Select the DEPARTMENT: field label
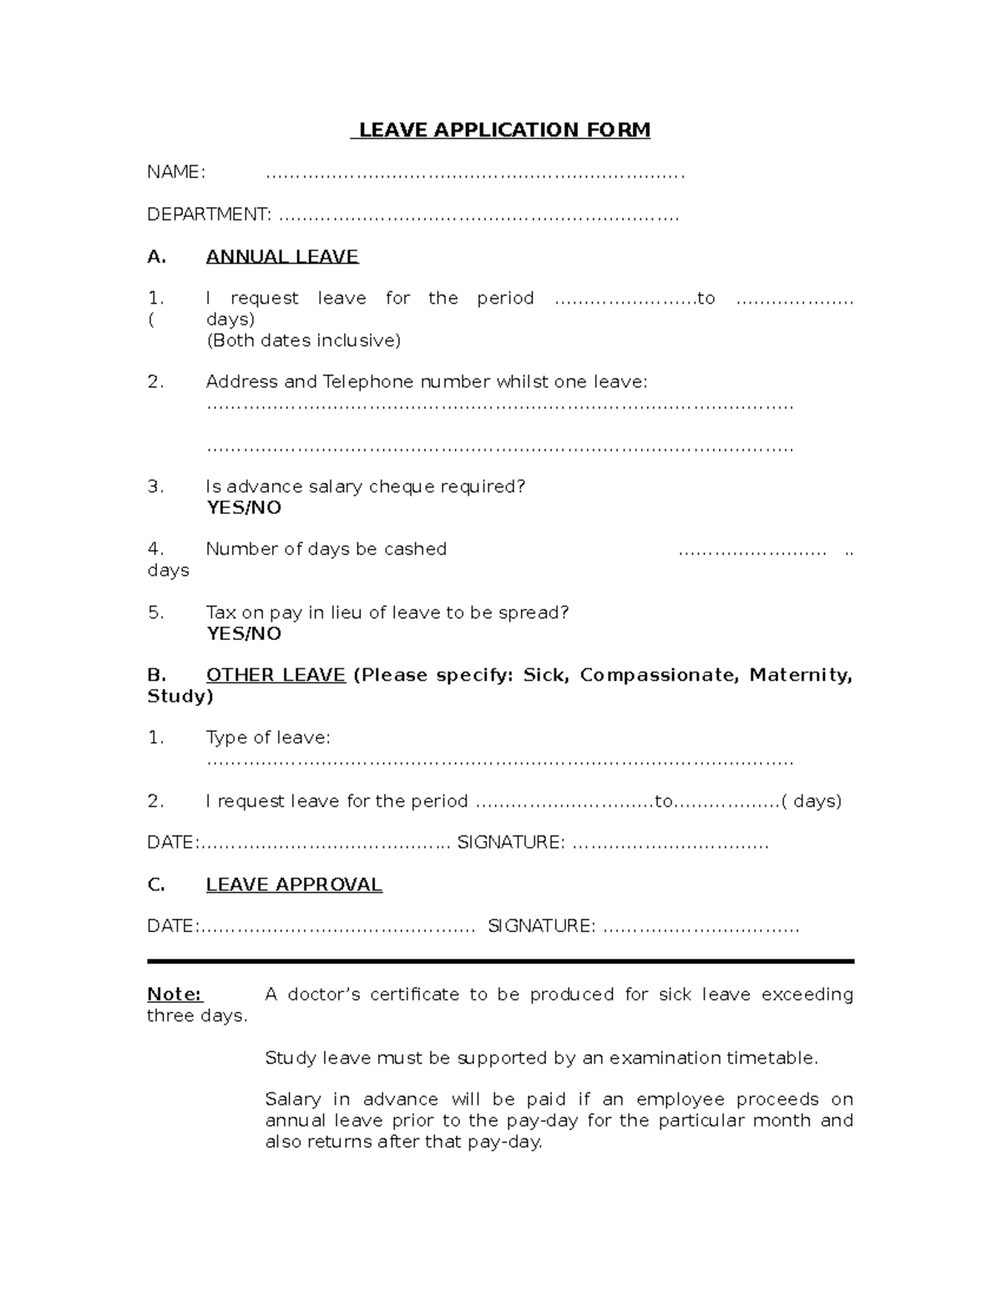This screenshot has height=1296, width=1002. (209, 214)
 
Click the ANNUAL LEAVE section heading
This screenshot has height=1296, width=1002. (282, 257)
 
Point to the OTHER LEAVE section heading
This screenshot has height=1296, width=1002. (276, 675)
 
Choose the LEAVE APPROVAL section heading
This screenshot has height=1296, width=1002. (294, 885)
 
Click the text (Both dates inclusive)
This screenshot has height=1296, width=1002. (303, 340)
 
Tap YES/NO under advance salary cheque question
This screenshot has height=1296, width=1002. (244, 508)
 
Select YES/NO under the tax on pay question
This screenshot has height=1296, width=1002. (244, 633)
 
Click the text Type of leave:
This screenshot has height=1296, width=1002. (268, 738)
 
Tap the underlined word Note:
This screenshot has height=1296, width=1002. (175, 995)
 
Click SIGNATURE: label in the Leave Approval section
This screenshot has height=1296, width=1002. (541, 926)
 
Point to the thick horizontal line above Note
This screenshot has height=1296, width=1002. (500, 961)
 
